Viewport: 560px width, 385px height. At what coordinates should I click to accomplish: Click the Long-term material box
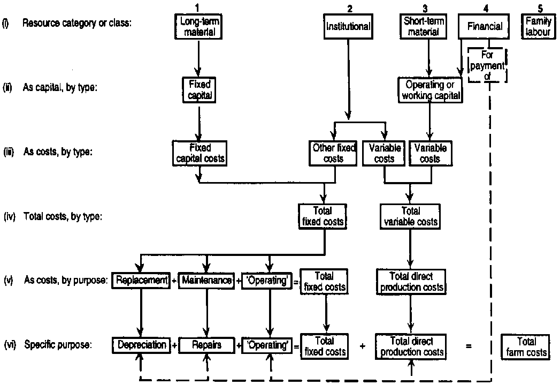point(198,26)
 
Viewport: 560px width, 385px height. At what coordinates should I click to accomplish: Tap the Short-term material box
point(427,26)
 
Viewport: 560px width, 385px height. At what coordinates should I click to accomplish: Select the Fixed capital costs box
point(200,153)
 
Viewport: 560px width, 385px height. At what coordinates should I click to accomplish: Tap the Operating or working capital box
point(430,89)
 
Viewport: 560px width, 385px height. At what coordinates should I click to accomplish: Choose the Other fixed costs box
point(333,153)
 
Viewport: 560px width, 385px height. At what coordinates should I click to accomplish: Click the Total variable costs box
point(410,216)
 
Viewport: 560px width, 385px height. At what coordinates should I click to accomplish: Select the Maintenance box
point(206,281)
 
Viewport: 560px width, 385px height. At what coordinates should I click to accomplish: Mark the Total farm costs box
point(525,346)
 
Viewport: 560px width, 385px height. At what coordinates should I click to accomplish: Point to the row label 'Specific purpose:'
point(58,345)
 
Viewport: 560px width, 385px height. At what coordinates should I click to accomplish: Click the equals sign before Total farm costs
point(469,346)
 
